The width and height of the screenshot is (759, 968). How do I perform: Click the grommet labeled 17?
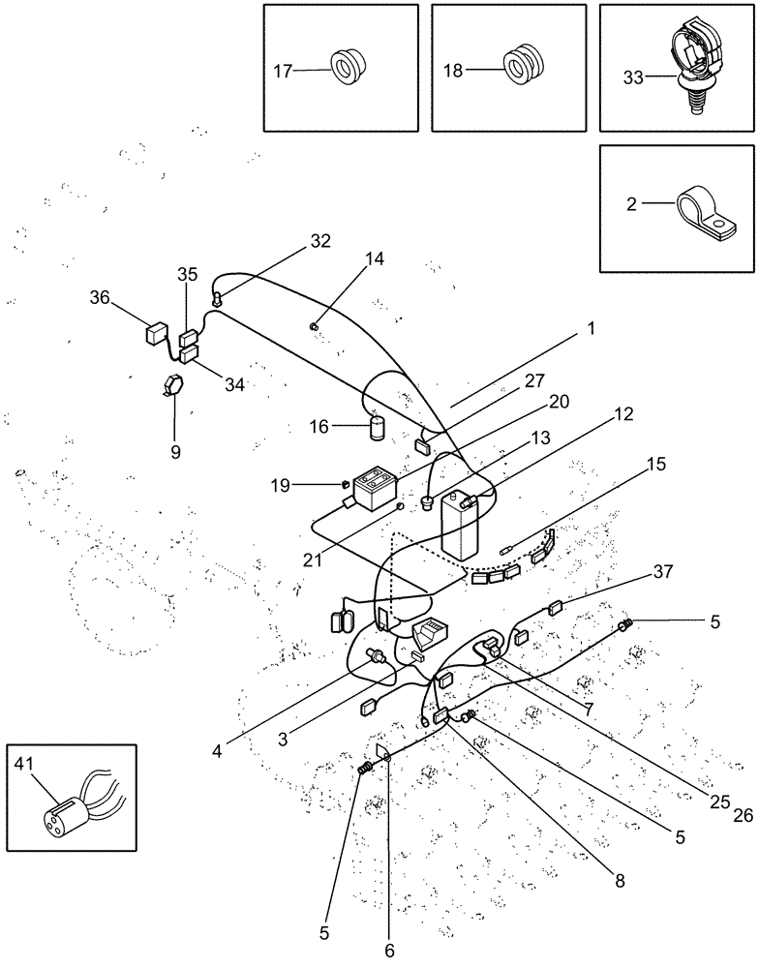pos(346,69)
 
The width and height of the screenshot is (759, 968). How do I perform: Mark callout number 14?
pos(374,258)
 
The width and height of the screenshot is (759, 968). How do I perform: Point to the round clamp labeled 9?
pos(173,383)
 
